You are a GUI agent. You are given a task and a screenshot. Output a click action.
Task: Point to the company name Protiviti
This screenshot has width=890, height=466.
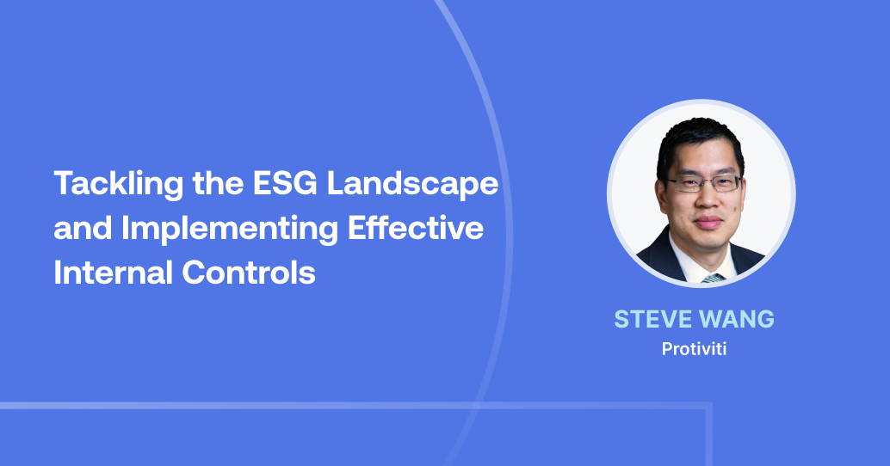point(694,350)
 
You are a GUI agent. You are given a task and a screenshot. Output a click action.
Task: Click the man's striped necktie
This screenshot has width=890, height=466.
point(712,278)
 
